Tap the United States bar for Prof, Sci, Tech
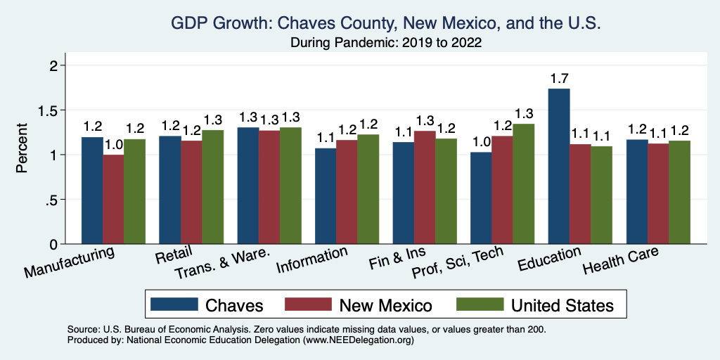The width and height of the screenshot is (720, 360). pos(523,184)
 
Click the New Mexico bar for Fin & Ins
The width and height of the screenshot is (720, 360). pos(425,187)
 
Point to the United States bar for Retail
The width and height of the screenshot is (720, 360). pos(213,186)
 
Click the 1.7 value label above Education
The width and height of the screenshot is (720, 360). pos(558,77)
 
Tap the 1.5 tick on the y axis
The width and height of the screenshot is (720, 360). pos(49,110)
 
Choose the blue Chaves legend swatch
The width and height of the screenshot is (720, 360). pos(173,304)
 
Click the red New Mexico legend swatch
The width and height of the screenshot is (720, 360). pos(307,304)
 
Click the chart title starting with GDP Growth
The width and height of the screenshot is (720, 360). pos(386,24)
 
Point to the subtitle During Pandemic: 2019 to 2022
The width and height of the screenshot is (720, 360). pos(386,43)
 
